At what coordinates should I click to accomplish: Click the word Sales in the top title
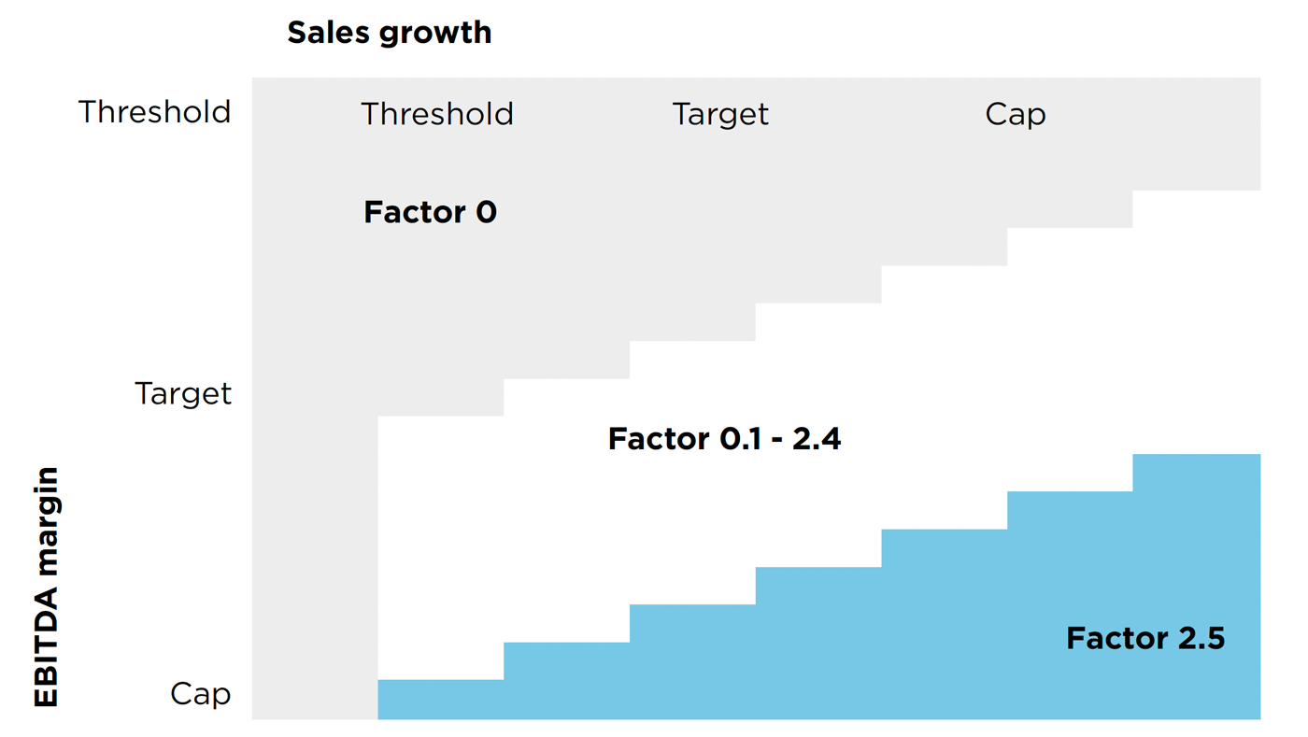coord(328,32)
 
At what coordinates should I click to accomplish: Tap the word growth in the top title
coord(435,34)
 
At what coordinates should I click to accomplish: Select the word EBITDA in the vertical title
coord(46,647)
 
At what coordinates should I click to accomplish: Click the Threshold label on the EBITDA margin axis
coord(155,111)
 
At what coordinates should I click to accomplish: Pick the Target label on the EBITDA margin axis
coord(183,394)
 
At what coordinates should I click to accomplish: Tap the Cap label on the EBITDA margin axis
coord(200,695)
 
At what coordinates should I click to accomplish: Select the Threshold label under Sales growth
coord(437,114)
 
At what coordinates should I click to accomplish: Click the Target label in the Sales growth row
coord(720,115)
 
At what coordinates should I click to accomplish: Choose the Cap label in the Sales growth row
coord(1016,115)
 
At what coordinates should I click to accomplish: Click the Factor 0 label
coord(431,211)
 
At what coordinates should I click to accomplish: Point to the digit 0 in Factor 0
coord(487,211)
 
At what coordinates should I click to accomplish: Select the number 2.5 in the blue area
coord(1201,638)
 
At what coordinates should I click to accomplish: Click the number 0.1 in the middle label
coord(740,439)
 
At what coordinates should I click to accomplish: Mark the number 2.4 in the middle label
coord(817,439)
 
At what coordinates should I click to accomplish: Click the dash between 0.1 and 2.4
coord(776,441)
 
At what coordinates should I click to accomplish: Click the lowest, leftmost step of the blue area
coord(441,699)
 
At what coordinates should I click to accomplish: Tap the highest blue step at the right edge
coord(1197,473)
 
